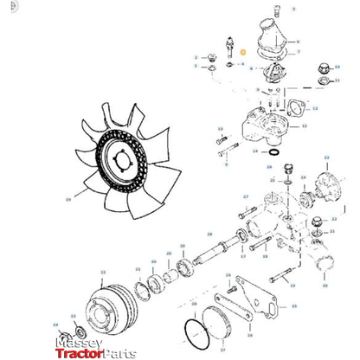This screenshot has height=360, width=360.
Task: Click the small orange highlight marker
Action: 243,55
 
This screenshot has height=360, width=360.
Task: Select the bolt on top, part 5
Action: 276,11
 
